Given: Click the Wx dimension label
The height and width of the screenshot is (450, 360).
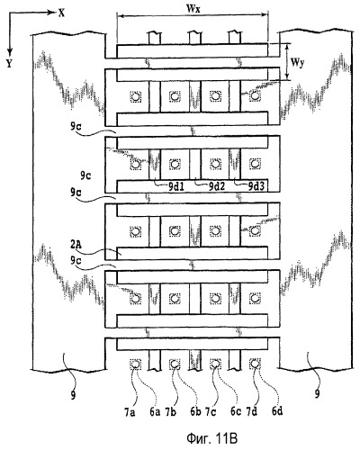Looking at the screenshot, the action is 193,8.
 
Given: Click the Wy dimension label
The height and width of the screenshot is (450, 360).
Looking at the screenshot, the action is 297,63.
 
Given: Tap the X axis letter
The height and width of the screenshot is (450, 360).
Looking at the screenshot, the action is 61,13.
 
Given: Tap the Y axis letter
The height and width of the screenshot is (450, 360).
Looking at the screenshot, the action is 9,63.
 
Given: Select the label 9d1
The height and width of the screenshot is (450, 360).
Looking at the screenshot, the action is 175,186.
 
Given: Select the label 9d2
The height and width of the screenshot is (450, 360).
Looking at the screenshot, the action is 217,186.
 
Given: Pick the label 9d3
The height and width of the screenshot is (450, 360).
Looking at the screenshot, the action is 257,186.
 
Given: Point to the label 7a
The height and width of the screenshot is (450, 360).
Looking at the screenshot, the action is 130,413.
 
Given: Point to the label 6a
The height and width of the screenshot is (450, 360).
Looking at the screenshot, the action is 155,413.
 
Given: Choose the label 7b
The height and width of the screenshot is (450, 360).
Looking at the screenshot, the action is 170,413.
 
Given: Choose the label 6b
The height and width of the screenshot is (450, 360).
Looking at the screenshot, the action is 195,413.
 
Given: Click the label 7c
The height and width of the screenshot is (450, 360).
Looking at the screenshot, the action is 211,413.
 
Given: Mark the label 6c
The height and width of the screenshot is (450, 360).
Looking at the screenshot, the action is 236,413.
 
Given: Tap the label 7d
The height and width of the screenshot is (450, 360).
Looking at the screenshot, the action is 252,413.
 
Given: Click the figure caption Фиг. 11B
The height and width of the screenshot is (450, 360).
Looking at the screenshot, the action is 211,439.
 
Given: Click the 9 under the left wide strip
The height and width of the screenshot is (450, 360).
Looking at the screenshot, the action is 73,395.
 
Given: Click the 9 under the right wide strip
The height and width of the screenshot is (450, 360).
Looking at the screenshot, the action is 317,393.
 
